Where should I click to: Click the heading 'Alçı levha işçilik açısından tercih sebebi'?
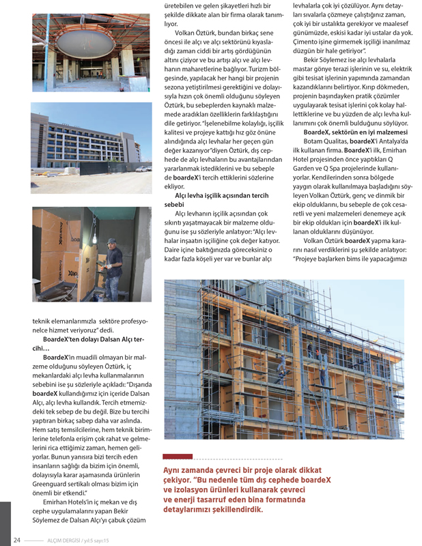(x=219, y=199)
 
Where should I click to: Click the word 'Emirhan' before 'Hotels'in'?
(x=59, y=502)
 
